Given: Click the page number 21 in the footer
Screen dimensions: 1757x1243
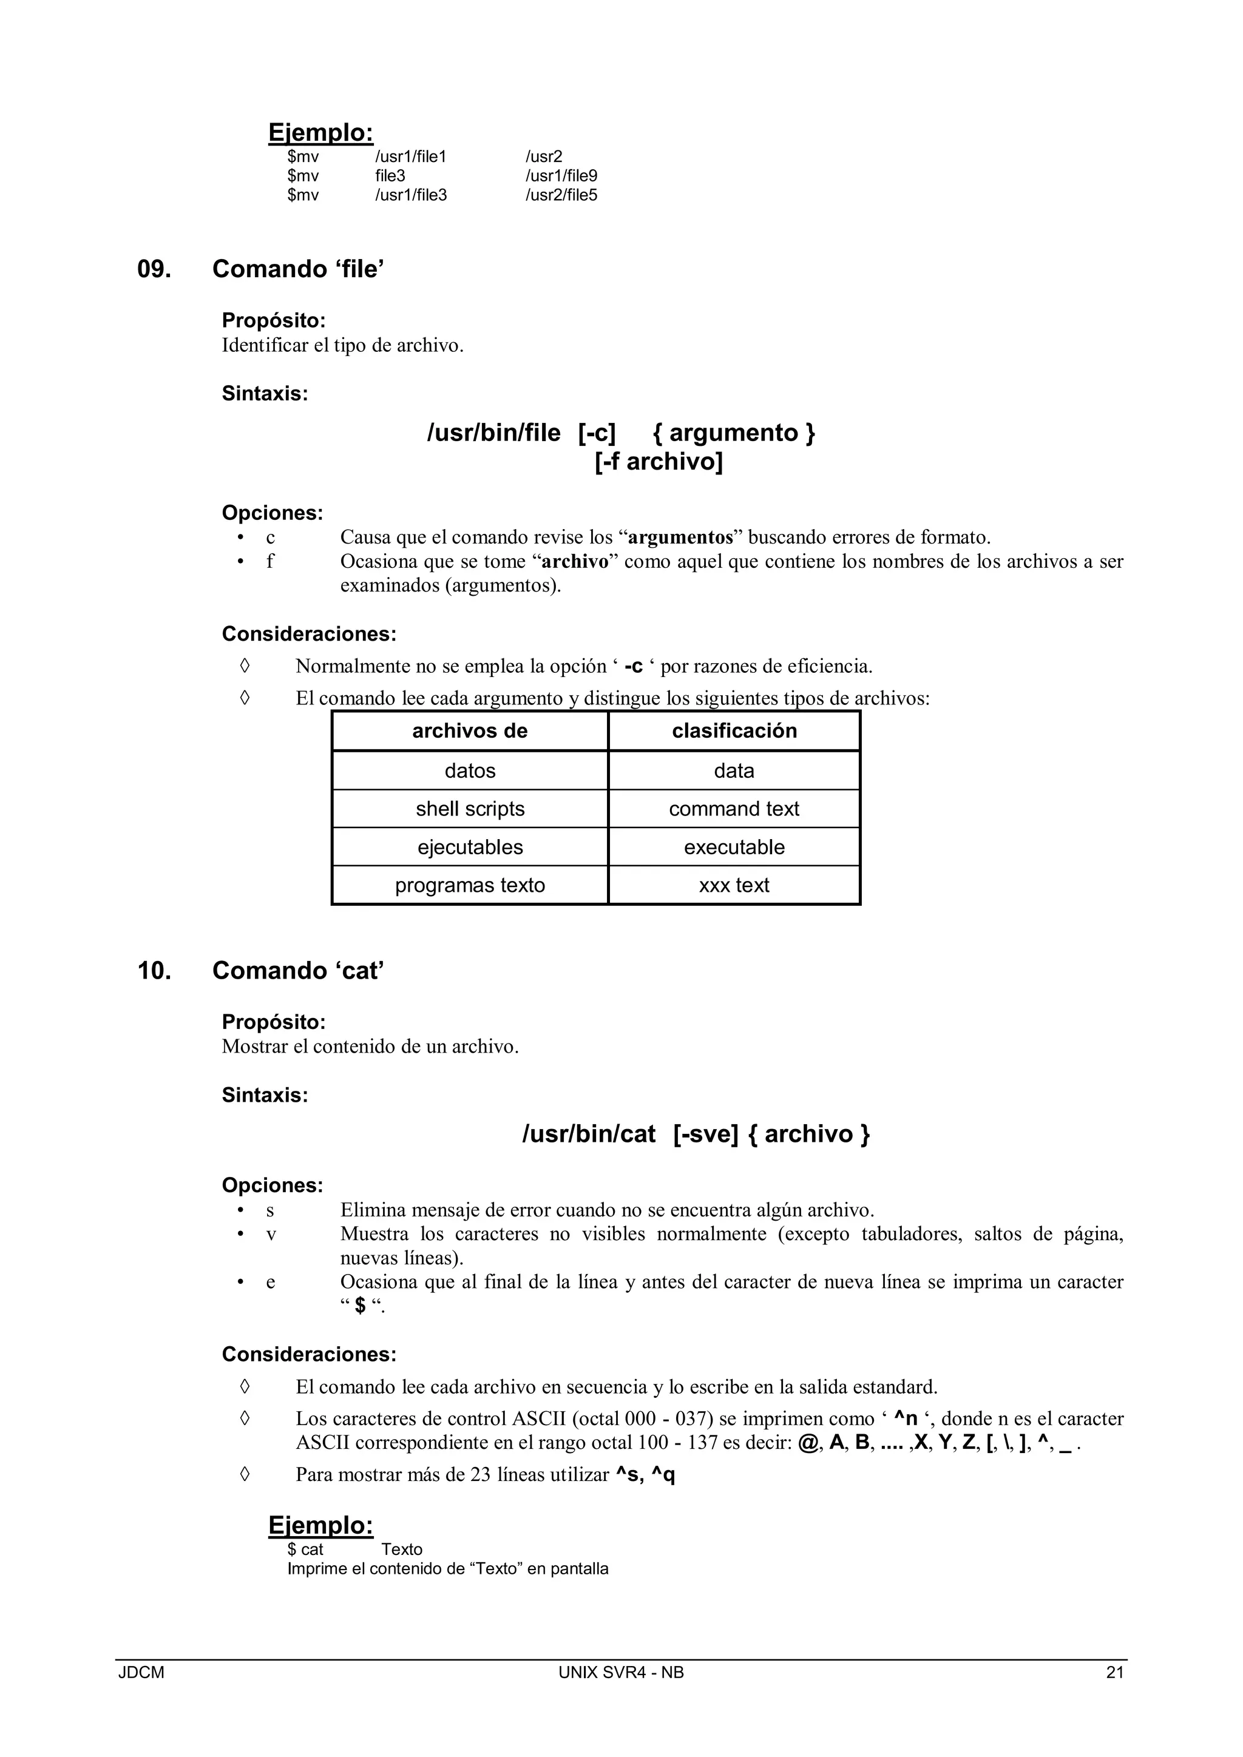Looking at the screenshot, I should pyautogui.click(x=1114, y=1673).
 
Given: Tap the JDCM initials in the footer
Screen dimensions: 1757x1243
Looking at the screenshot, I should pyautogui.click(x=141, y=1673).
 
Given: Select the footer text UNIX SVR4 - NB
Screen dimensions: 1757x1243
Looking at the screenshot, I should pyautogui.click(x=621, y=1673).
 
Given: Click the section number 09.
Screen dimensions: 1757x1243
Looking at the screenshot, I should pyautogui.click(x=154, y=269).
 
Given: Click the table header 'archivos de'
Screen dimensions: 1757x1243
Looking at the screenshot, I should pyautogui.click(x=470, y=731).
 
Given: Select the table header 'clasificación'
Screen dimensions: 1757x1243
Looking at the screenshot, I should pyautogui.click(x=734, y=731).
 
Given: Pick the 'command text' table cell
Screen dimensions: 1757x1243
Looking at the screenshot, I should pyautogui.click(x=734, y=809).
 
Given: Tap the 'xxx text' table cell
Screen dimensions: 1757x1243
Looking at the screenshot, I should pyautogui.click(x=734, y=885).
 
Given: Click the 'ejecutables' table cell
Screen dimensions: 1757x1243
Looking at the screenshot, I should pyautogui.click(x=470, y=847).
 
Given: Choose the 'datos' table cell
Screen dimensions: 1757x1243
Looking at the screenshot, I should pyautogui.click(x=470, y=771).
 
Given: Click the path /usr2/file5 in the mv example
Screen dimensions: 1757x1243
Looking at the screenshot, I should pyautogui.click(x=561, y=195).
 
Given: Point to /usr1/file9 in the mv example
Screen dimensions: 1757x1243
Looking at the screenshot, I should pyautogui.click(x=561, y=176).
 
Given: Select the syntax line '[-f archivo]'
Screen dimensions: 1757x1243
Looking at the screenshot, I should pyautogui.click(x=659, y=462).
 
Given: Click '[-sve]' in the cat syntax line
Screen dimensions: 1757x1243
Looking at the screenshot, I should pyautogui.click(x=706, y=1134).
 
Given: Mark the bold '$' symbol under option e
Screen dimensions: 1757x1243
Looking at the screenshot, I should pyautogui.click(x=361, y=1306).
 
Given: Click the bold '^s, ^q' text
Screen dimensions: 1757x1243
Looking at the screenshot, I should pyautogui.click(x=645, y=1475).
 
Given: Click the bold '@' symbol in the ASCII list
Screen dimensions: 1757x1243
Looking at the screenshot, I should pyautogui.click(x=807, y=1443).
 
